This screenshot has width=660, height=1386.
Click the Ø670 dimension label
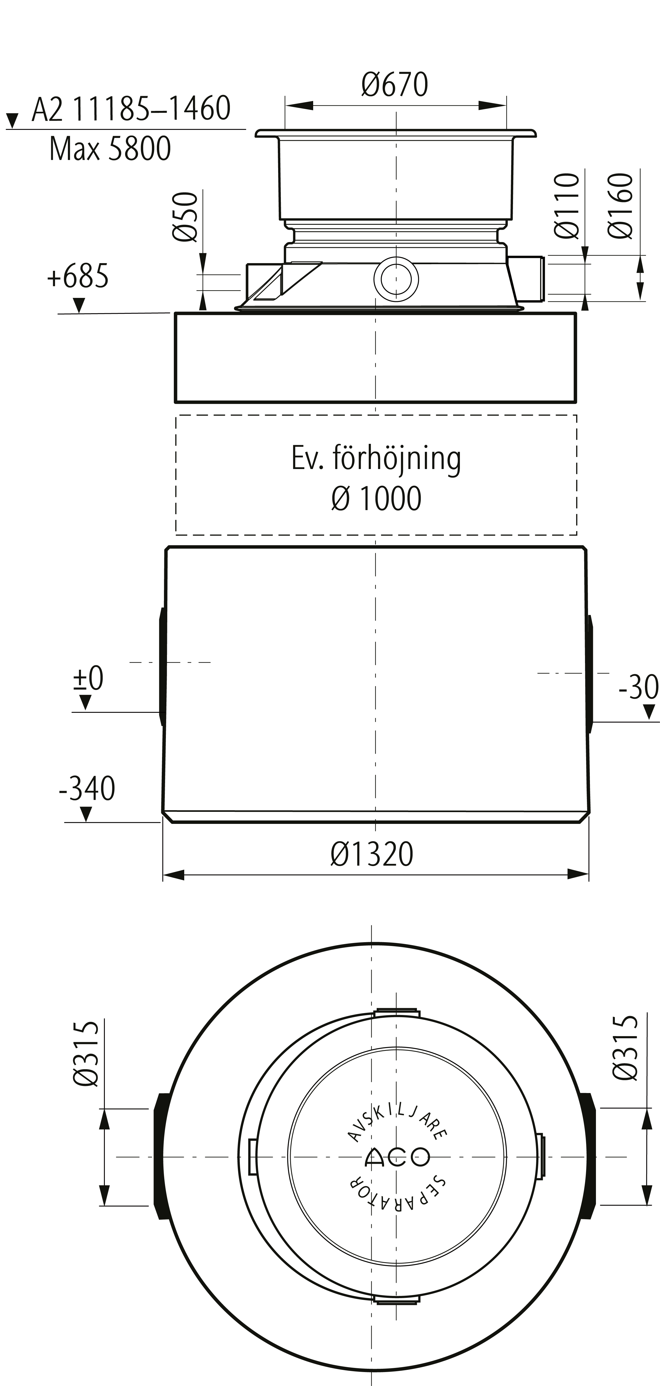tap(395, 85)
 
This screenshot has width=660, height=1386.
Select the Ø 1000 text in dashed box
tap(376, 498)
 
